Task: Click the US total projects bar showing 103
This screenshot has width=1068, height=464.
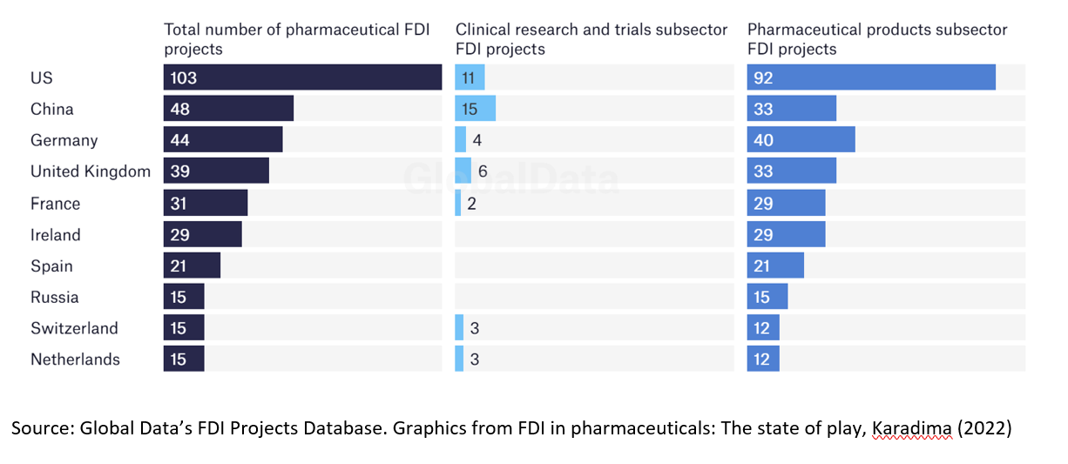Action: [301, 77]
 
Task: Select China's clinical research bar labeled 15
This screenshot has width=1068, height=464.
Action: [475, 109]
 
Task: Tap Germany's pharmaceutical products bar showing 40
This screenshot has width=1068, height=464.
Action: [801, 140]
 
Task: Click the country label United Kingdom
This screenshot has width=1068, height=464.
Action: [91, 171]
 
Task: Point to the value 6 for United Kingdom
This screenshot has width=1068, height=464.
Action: [483, 171]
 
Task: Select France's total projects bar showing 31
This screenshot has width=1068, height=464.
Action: [206, 204]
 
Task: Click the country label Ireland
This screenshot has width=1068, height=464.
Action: [56, 235]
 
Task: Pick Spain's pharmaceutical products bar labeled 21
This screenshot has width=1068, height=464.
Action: [775, 266]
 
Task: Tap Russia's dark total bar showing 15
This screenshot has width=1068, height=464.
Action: [184, 298]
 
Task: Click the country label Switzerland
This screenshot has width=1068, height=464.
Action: [74, 328]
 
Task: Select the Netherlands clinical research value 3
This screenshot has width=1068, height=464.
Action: [475, 360]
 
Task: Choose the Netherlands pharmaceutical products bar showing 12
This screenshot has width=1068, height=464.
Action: [763, 360]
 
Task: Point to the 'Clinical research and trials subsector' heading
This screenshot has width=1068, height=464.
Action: [591, 30]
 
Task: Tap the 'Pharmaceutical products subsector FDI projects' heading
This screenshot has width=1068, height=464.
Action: [876, 39]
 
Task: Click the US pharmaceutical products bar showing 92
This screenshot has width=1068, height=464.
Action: [871, 77]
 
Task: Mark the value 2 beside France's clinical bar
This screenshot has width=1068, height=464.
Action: [472, 204]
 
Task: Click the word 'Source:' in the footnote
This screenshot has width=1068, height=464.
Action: [42, 429]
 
